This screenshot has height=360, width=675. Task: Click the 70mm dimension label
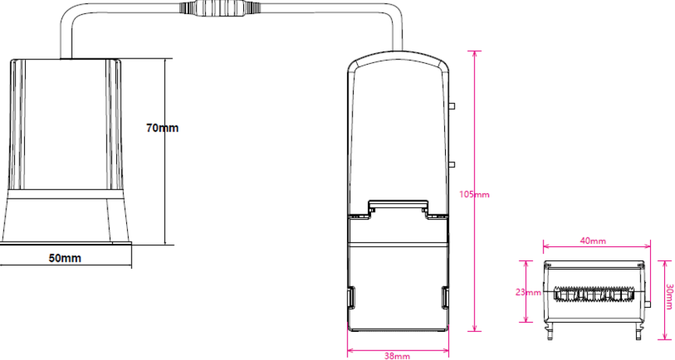[162, 128]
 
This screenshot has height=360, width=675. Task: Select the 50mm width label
[65, 257]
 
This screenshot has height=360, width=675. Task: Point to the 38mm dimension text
[398, 355]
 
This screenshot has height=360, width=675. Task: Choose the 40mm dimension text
[593, 242]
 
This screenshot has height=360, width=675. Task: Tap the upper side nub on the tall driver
[453, 105]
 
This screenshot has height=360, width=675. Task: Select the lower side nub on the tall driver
[453, 164]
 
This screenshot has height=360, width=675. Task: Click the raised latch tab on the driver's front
[398, 206]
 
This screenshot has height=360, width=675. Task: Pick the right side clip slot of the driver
[446, 297]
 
